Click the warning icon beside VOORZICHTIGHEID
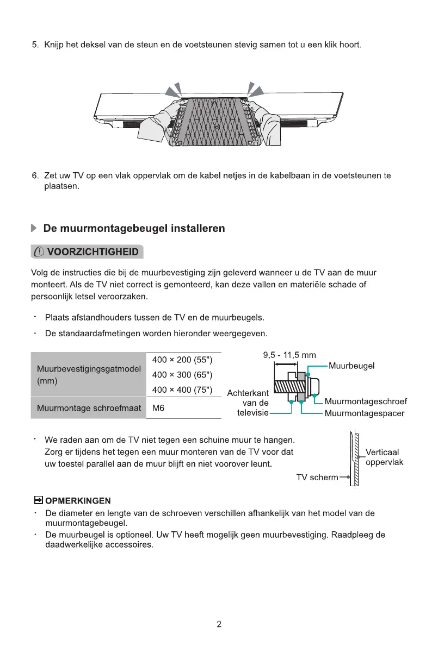(39, 253)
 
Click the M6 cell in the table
(159, 409)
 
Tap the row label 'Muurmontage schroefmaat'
(89, 408)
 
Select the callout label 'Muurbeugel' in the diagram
(351, 366)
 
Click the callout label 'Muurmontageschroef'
(366, 402)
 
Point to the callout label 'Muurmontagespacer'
(364, 414)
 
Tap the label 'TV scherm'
(317, 478)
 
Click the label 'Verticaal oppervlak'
(384, 457)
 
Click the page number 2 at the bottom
(219, 624)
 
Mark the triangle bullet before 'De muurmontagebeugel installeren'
(34, 229)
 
